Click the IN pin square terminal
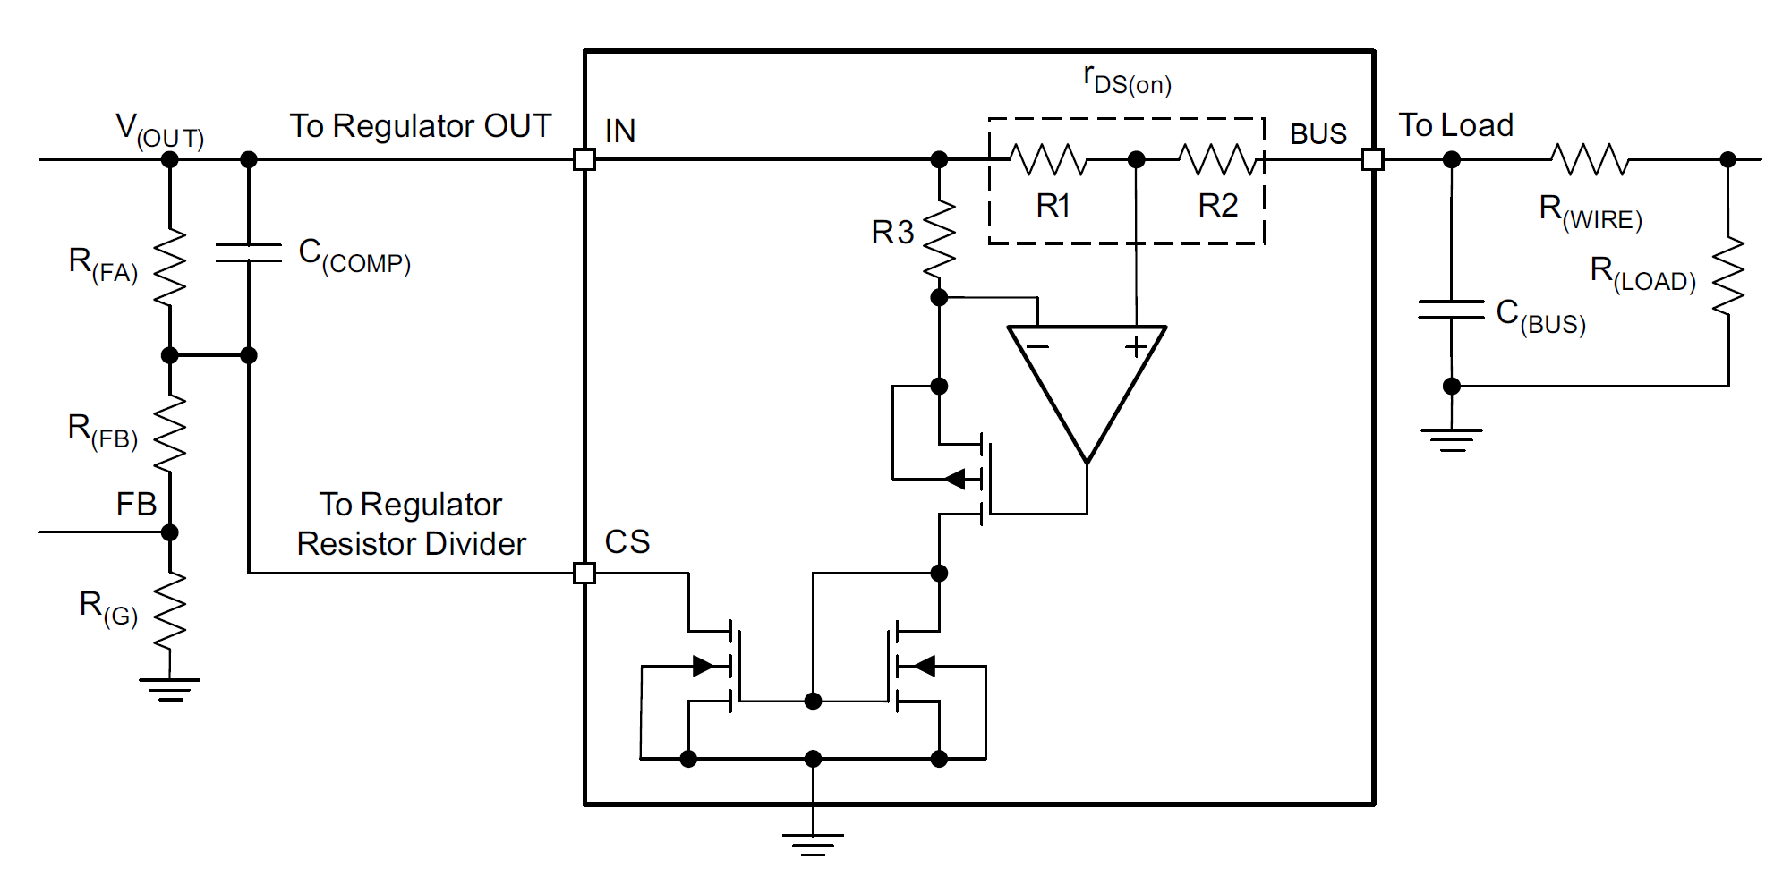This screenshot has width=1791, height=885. (x=584, y=160)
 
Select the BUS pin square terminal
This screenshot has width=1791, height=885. (x=1372, y=160)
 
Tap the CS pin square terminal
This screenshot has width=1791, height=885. (x=584, y=573)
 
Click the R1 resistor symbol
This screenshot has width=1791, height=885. (x=1048, y=160)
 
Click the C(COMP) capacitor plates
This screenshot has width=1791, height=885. (x=249, y=252)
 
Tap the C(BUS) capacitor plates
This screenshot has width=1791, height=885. (x=1451, y=310)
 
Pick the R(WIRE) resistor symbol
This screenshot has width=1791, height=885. (x=1590, y=160)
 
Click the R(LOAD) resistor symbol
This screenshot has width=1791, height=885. (x=1728, y=276)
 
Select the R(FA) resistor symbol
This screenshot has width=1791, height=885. (x=170, y=267)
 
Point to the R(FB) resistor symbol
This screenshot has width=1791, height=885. (x=170, y=433)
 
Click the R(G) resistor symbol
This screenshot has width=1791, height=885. (x=170, y=610)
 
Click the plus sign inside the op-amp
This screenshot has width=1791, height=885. (x=1136, y=346)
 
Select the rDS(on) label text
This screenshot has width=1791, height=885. (x=1127, y=81)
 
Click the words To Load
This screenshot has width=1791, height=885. (x=1455, y=125)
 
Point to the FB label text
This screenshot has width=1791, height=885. (x=136, y=505)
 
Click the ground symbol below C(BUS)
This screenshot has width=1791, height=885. (x=1451, y=439)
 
